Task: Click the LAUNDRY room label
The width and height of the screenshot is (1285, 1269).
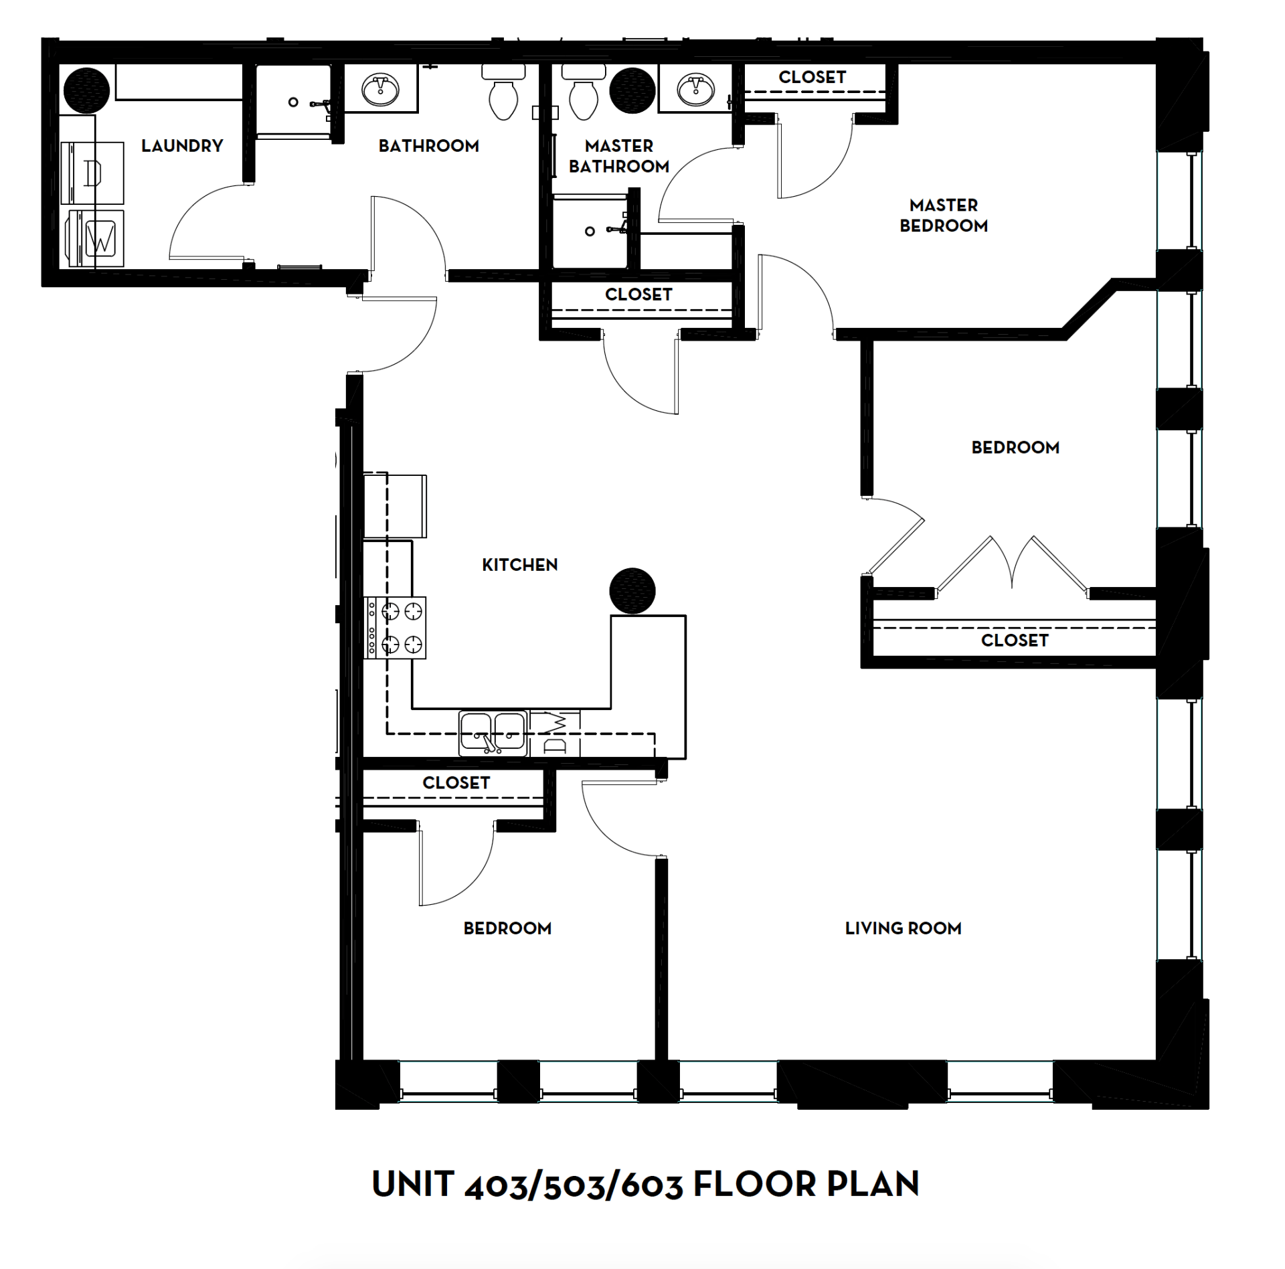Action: point(181,145)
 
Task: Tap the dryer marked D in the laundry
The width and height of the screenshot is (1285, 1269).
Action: point(92,173)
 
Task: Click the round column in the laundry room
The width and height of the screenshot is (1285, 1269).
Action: point(86,90)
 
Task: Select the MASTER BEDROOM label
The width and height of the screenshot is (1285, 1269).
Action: point(943,215)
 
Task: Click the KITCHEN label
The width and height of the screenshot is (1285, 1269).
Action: point(519,565)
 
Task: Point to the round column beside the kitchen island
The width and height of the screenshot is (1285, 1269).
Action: point(632,591)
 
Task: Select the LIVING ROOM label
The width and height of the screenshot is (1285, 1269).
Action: point(903,928)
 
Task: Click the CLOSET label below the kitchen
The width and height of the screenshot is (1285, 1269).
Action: point(456,782)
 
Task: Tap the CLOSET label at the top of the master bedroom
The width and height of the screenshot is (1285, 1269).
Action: point(812,77)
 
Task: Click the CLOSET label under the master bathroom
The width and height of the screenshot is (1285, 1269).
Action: point(638,294)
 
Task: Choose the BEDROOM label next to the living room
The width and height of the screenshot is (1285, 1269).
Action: point(507,928)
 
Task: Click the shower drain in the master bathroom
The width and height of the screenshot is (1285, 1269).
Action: point(589,232)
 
